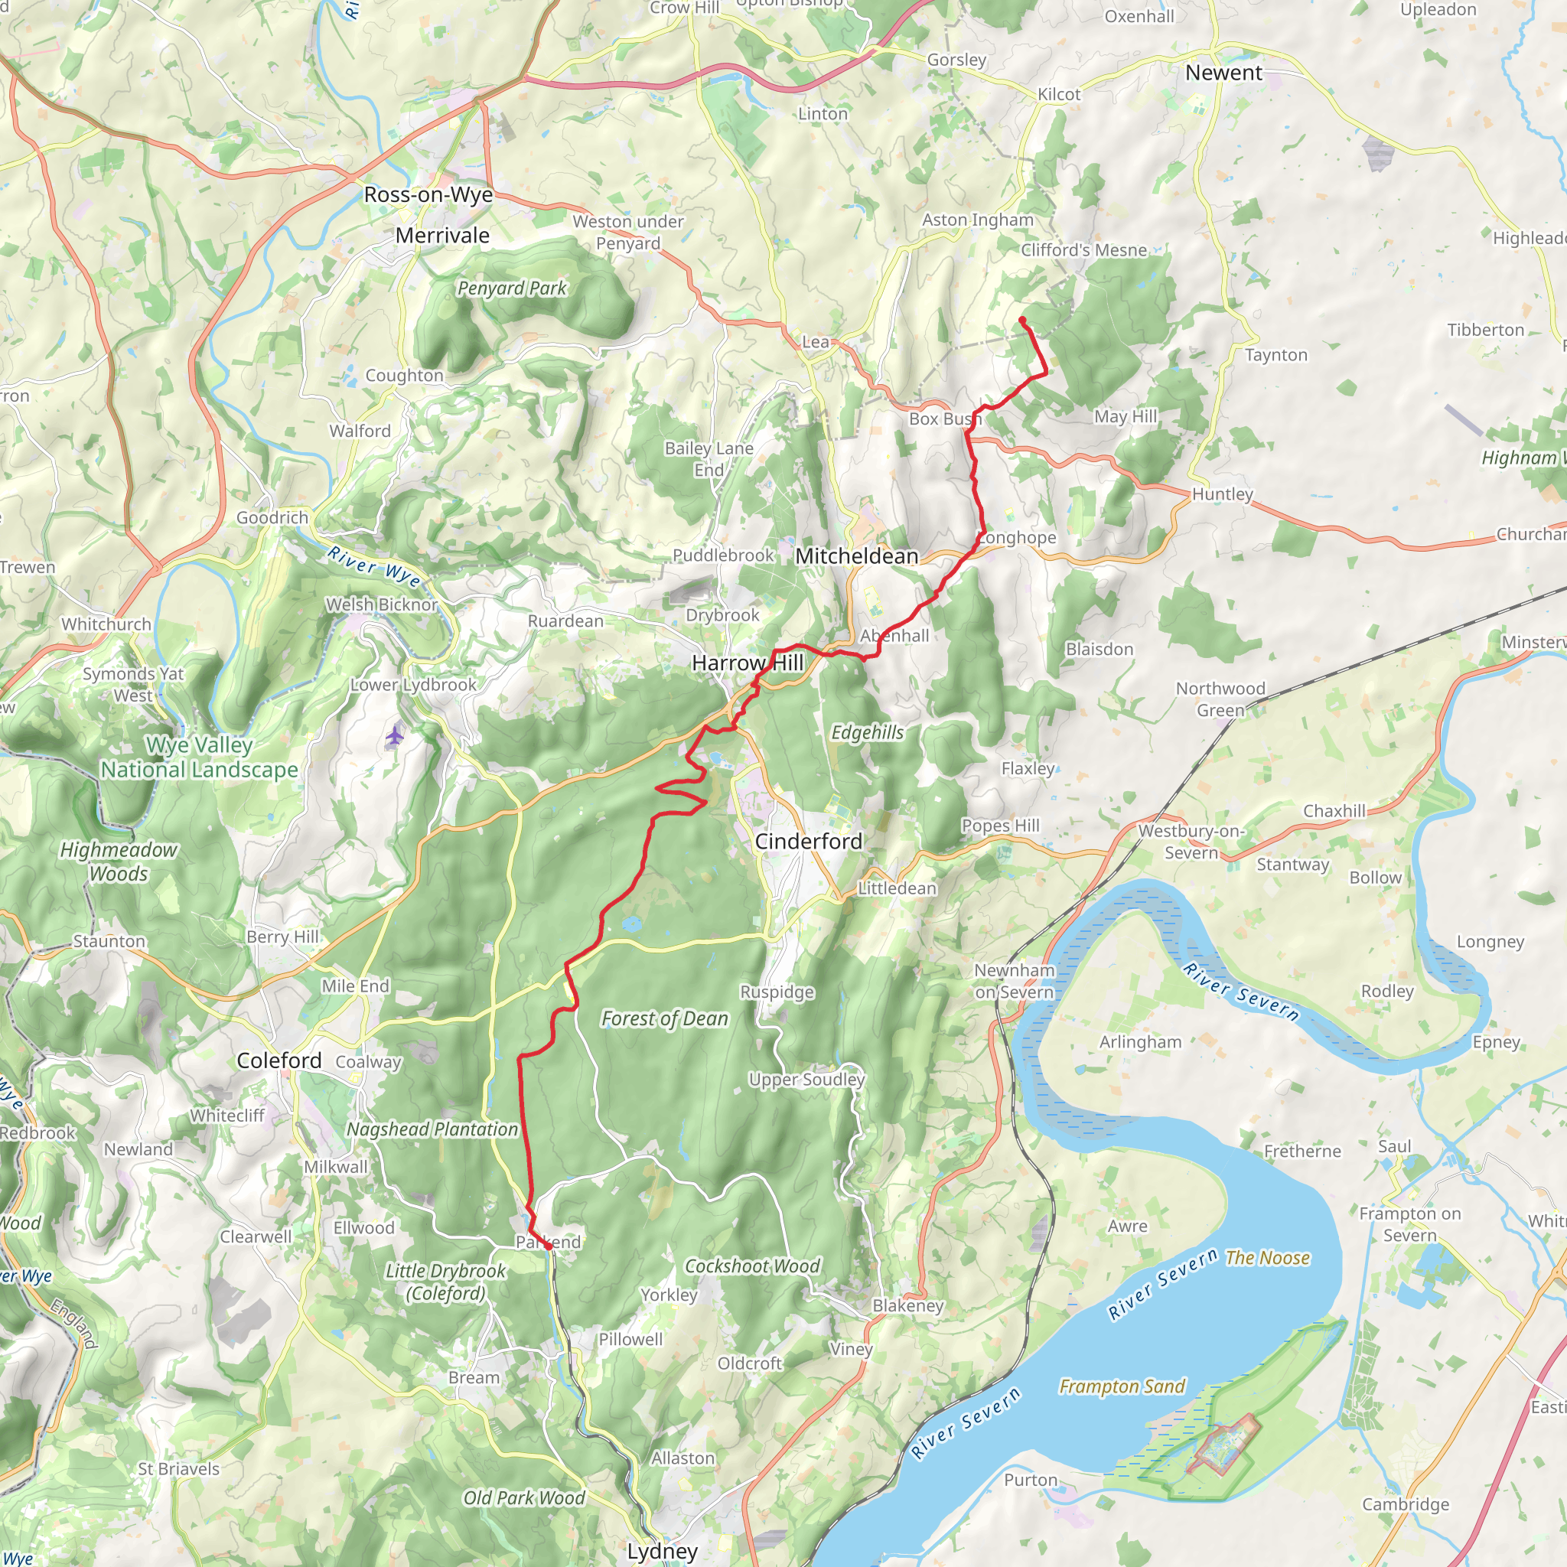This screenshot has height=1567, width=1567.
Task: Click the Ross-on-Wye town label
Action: (428, 194)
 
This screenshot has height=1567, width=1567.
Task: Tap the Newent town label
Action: (1223, 73)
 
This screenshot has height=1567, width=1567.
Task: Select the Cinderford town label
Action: (808, 841)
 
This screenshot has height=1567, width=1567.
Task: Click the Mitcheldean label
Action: (856, 555)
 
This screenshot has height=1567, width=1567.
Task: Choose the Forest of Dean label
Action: (664, 1018)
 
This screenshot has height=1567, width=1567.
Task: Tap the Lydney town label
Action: (662, 1551)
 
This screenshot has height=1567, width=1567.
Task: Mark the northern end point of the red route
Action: (1022, 321)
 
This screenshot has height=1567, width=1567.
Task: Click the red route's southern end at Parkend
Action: (549, 1246)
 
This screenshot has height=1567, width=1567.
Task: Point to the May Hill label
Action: (1125, 416)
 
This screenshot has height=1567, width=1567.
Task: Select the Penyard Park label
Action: (512, 288)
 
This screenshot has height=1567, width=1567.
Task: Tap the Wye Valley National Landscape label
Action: (199, 757)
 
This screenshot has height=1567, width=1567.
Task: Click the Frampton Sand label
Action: (1122, 1386)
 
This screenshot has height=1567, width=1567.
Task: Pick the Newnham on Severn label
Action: (1014, 981)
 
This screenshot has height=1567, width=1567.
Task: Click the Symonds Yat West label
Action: (133, 684)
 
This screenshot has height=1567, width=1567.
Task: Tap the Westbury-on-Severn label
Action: (1190, 841)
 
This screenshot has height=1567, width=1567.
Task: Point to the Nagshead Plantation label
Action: (432, 1129)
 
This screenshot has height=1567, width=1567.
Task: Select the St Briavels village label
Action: (178, 1468)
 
